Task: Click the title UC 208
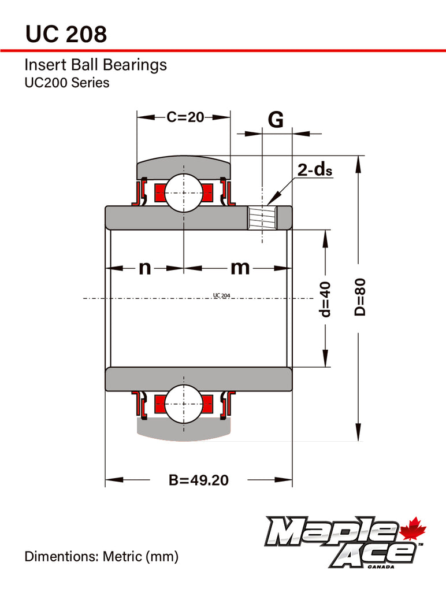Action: pyautogui.click(x=66, y=34)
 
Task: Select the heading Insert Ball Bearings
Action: pyautogui.click(x=95, y=65)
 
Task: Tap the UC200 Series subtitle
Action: pyautogui.click(x=66, y=83)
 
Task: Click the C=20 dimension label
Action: pyautogui.click(x=185, y=117)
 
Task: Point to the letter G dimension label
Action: pyautogui.click(x=276, y=120)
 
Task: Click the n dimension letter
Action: pyautogui.click(x=144, y=268)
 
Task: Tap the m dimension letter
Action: pyautogui.click(x=240, y=268)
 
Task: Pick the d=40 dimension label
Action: pyautogui.click(x=325, y=299)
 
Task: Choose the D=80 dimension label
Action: pyautogui.click(x=359, y=297)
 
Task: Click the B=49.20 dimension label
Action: pyautogui.click(x=198, y=480)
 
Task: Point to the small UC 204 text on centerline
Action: pyautogui.click(x=221, y=295)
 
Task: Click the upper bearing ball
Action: pyautogui.click(x=183, y=193)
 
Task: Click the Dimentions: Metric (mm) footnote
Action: pyautogui.click(x=101, y=557)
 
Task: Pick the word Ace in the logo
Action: pyautogui.click(x=376, y=556)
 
